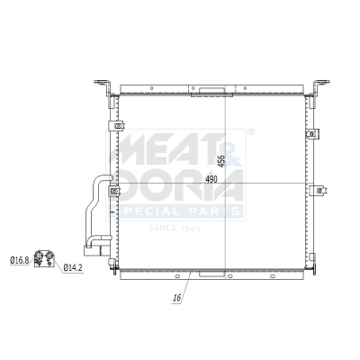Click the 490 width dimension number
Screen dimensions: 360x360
tap(211, 180)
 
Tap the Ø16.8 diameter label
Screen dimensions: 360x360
tap(20, 260)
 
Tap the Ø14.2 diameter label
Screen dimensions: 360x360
tap(74, 267)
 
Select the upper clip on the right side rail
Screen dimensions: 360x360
tap(312, 135)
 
